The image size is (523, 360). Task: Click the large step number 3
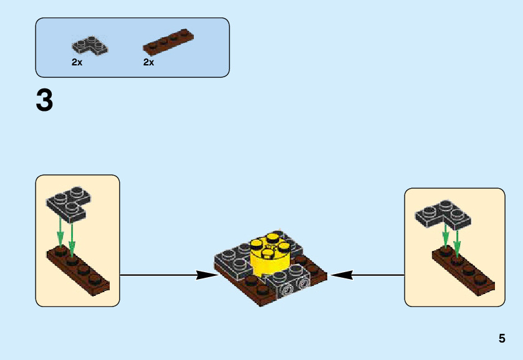[x=44, y=101]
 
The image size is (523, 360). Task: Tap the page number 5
[x=502, y=339]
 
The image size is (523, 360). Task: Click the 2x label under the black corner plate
[x=77, y=62]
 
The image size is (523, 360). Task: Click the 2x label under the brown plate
[x=148, y=62]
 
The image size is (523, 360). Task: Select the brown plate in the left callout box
[x=79, y=272]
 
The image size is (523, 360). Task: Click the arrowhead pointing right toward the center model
[x=206, y=275]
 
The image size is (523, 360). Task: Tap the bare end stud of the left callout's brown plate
[x=96, y=280]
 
